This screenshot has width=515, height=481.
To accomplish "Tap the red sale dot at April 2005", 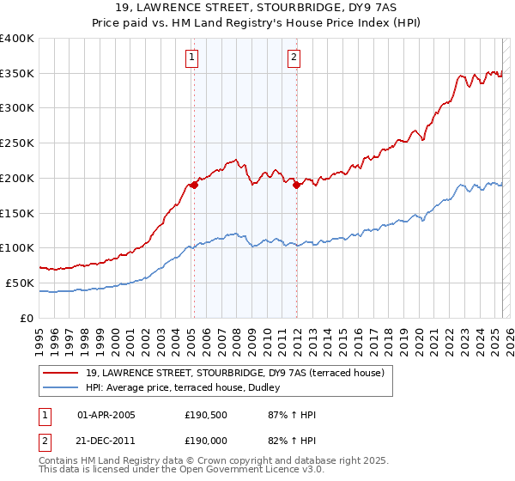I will [x=195, y=183].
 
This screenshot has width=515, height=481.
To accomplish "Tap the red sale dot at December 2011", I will [x=296, y=184].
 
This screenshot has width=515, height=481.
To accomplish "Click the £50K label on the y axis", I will [x=19, y=283].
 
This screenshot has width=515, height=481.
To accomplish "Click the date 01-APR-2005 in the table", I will [x=106, y=415].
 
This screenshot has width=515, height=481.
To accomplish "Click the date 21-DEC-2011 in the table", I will [x=106, y=439].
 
